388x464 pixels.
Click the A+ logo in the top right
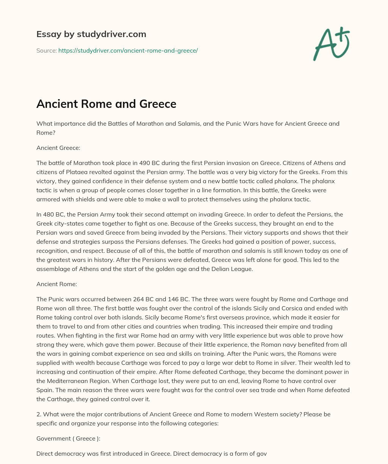(x=331, y=44)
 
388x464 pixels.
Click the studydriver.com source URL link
(x=128, y=50)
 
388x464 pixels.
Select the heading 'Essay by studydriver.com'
(x=91, y=34)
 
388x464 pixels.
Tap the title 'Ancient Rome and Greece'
(x=106, y=104)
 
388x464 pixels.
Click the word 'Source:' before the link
(x=47, y=50)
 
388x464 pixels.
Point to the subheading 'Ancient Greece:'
(x=58, y=148)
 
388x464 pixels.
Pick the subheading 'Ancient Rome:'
(x=56, y=284)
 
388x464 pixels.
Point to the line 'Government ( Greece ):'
(x=66, y=438)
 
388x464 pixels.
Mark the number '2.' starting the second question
(x=39, y=414)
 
